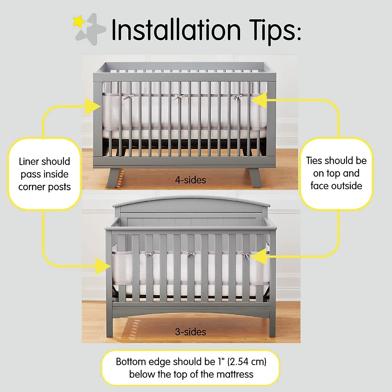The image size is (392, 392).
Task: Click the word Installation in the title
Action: coord(176,30)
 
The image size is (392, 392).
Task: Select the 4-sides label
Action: coord(190,180)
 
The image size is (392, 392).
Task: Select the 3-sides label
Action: coord(190,332)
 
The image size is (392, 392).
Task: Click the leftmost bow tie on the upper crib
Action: coord(129,97)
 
